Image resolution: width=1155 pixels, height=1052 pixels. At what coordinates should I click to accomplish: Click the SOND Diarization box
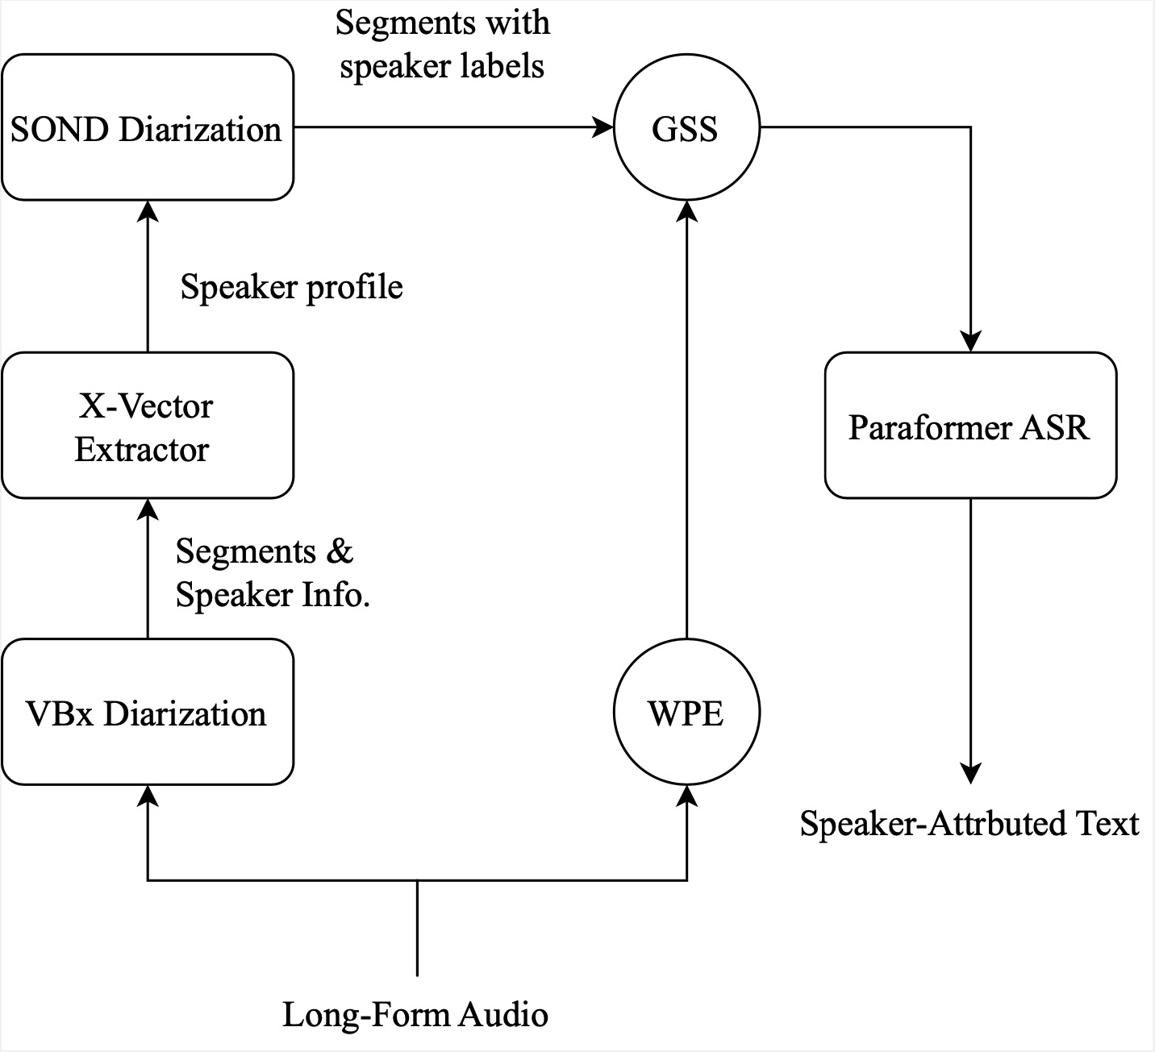click(147, 127)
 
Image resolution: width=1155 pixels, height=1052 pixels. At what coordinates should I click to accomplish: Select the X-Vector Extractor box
click(147, 426)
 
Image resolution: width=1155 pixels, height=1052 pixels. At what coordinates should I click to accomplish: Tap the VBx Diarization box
click(147, 713)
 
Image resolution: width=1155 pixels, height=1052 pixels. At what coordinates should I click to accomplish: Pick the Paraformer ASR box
click(969, 426)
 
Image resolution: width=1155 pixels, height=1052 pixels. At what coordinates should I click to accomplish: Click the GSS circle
click(686, 127)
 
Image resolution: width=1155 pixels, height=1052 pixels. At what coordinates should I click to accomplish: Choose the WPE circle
click(686, 713)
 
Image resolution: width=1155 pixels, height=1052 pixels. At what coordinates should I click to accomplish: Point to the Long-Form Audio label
click(415, 1013)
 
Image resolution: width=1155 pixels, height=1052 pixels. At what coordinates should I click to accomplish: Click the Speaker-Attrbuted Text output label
click(969, 824)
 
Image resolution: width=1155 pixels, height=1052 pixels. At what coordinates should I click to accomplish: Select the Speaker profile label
click(291, 287)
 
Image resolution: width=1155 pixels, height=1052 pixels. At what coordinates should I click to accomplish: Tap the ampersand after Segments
click(340, 551)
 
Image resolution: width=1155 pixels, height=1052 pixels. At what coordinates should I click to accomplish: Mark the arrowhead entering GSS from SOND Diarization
click(603, 127)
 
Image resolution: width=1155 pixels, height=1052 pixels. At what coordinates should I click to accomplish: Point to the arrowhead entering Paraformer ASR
click(969, 342)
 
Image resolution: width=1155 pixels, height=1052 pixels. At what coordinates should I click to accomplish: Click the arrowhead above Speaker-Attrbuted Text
click(969, 773)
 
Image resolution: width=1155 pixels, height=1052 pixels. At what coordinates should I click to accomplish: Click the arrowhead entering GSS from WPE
click(686, 211)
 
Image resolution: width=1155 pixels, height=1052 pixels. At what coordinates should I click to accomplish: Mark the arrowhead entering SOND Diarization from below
click(147, 211)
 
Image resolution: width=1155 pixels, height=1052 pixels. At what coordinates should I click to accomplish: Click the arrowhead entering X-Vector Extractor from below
click(147, 509)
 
